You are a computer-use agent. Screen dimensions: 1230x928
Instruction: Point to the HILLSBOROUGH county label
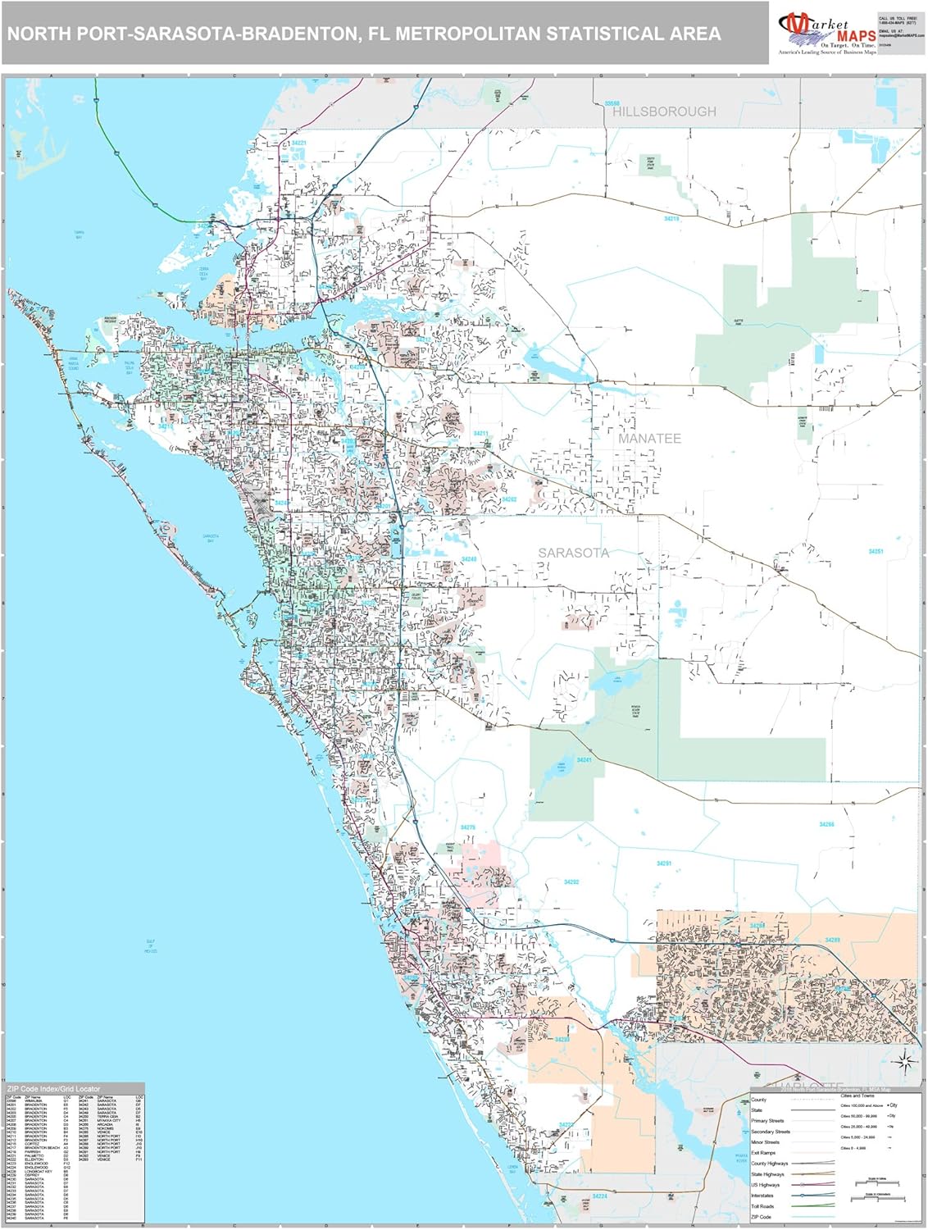pos(664,112)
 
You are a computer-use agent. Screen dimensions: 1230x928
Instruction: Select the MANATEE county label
pos(649,439)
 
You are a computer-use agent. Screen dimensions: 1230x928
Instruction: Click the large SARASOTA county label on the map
pos(573,553)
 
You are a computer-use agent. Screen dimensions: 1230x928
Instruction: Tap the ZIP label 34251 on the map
pos(876,552)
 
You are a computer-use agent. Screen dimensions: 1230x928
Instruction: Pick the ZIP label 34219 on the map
pos(671,219)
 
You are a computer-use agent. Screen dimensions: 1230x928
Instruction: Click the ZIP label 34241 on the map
pos(584,760)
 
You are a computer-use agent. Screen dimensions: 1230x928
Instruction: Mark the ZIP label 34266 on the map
pos(826,824)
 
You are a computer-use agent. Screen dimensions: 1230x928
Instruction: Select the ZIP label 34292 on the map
pos(571,882)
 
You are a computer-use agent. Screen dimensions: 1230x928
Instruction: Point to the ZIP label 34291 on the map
pos(663,863)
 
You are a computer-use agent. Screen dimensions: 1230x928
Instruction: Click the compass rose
pos(904,1063)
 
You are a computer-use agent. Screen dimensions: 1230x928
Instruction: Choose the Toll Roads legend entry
pos(762,1206)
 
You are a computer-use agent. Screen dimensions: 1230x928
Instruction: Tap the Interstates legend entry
pos(762,1196)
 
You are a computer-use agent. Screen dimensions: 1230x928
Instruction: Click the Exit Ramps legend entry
pos(762,1153)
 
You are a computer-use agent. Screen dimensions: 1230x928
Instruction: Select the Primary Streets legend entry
pos(767,1121)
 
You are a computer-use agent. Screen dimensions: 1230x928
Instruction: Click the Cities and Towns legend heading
pos(857,1096)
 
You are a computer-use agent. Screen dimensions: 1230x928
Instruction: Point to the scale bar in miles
pos(876,1183)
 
